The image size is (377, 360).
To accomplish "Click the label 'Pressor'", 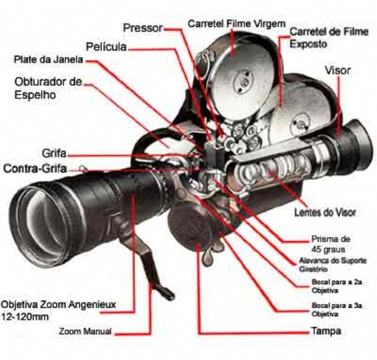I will click(x=143, y=28).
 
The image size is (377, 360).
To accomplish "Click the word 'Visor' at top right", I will click(x=337, y=70).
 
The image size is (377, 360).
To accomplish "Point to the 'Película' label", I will click(x=106, y=46).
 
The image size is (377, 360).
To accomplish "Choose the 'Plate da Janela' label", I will click(x=49, y=60).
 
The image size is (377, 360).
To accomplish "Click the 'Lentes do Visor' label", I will click(x=325, y=212).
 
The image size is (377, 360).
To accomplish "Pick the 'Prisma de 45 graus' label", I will click(x=327, y=244).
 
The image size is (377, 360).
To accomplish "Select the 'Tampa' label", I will click(x=326, y=331).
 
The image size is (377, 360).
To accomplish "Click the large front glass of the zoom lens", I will click(x=40, y=212).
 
